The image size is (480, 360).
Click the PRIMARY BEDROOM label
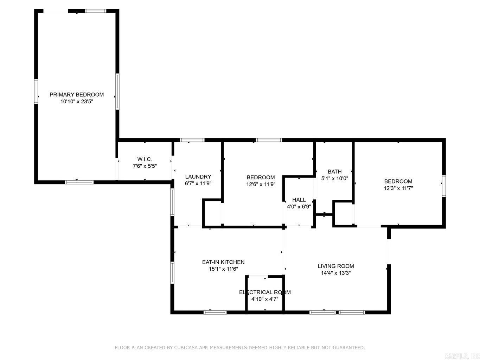tap(77, 95)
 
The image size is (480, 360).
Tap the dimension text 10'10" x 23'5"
tap(77, 102)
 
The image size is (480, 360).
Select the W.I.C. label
tap(145, 159)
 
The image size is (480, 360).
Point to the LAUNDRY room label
tap(198, 177)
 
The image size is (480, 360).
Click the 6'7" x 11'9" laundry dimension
tap(198, 184)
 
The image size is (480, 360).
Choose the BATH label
tap(334, 172)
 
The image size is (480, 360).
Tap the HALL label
tap(299, 200)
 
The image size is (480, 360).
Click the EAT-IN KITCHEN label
tap(223, 262)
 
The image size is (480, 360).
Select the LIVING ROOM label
tap(335, 266)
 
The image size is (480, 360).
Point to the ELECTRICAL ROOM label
tap(265, 292)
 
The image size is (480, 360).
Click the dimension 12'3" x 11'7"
tap(398, 188)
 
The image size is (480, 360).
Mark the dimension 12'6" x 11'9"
tap(261, 184)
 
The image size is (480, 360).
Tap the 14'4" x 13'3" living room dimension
tap(335, 273)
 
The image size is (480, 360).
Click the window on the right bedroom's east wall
tap(444, 186)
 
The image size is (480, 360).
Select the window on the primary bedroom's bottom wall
tap(79, 182)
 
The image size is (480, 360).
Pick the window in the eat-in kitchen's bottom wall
tap(215, 312)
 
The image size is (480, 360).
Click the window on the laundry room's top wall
tap(192, 140)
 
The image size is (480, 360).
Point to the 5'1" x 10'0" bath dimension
tap(334, 178)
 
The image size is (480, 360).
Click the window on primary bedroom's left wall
tap(36, 91)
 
